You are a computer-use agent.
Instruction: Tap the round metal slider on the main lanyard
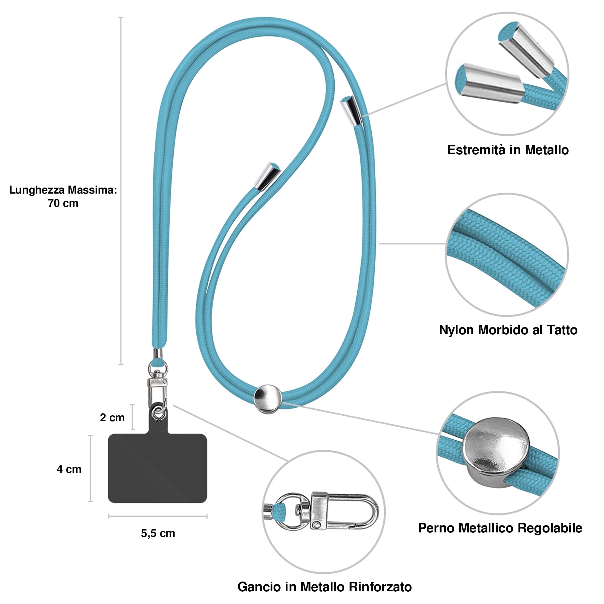(268, 399)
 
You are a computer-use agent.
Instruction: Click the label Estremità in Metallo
(508, 150)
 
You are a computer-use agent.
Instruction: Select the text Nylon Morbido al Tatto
(508, 330)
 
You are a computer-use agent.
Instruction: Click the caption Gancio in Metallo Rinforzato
(325, 587)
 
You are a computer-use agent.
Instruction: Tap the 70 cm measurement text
(63, 204)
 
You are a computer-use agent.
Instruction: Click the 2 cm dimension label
(112, 418)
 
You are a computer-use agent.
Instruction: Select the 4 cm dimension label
(69, 469)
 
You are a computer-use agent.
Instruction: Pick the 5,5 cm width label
(158, 533)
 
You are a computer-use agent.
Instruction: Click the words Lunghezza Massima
(63, 190)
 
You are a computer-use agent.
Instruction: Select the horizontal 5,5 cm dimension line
(158, 516)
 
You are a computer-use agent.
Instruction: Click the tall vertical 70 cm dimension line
(121, 191)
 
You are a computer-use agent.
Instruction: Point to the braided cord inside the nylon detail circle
(506, 255)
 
